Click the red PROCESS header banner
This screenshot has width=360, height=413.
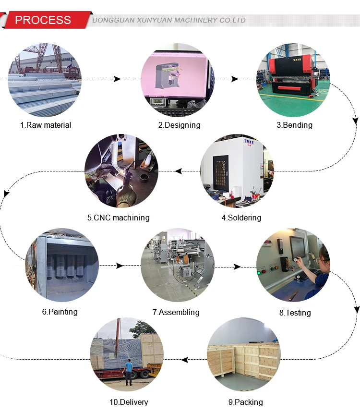click(x=43, y=20)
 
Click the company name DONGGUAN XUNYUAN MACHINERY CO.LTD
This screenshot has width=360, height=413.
click(x=168, y=20)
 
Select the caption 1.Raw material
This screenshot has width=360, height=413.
click(x=46, y=125)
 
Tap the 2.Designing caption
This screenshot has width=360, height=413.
click(x=180, y=125)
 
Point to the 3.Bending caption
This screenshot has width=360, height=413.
click(x=294, y=125)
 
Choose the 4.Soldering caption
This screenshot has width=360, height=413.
click(x=241, y=218)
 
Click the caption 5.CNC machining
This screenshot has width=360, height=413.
click(x=119, y=218)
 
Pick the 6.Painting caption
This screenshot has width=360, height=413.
click(x=60, y=312)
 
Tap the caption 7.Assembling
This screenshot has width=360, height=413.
click(x=176, y=312)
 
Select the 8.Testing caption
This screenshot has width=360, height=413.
click(x=295, y=313)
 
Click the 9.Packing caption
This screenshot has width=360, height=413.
click(x=245, y=402)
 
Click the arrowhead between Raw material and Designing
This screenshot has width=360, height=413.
click(x=117, y=79)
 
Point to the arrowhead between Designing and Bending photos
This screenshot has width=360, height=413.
click(x=235, y=79)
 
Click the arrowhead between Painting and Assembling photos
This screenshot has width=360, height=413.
click(x=120, y=265)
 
